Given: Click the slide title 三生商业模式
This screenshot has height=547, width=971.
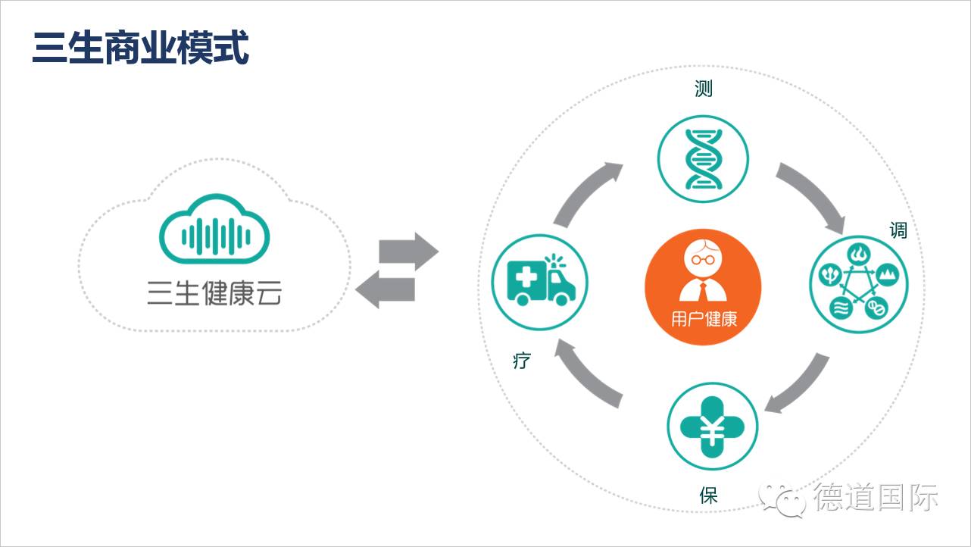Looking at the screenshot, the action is tap(140, 48).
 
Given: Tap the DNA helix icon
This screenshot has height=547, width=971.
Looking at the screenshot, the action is tap(702, 159).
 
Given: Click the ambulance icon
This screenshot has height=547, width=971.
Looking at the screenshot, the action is tap(539, 283).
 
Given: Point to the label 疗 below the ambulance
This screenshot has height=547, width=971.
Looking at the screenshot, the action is tap(521, 361).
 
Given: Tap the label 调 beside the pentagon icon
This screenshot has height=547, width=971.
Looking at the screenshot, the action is tap(898, 230).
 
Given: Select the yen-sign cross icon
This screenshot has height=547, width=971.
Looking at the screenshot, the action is tap(712, 430).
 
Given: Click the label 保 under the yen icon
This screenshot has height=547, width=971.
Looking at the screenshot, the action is tap(708, 496).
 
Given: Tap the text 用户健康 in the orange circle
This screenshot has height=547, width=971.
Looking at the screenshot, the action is tap(703, 319).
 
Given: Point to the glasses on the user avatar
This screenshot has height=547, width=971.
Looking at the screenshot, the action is tap(703, 258).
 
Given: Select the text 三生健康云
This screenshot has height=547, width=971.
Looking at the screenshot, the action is tap(214, 293).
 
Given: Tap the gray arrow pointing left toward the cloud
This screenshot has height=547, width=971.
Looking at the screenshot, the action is tap(386, 289).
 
